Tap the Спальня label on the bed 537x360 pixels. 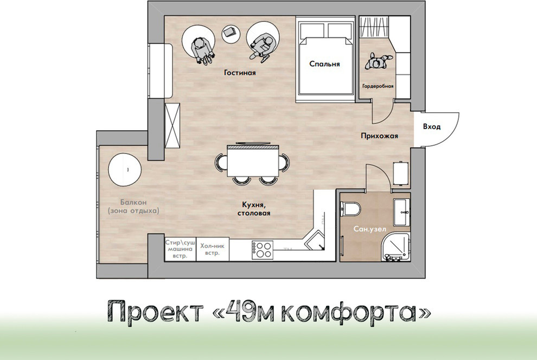pyautogui.click(x=324, y=64)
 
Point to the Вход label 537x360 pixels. pyautogui.click(x=431, y=126)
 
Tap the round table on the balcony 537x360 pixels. pyautogui.click(x=125, y=170)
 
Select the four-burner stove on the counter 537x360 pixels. pyautogui.click(x=262, y=249)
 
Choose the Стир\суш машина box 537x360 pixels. pyautogui.click(x=181, y=249)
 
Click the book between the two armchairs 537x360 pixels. pyautogui.click(x=230, y=33)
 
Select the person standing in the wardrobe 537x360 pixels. pyautogui.click(x=378, y=62)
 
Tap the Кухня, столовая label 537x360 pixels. pyautogui.click(x=253, y=209)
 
